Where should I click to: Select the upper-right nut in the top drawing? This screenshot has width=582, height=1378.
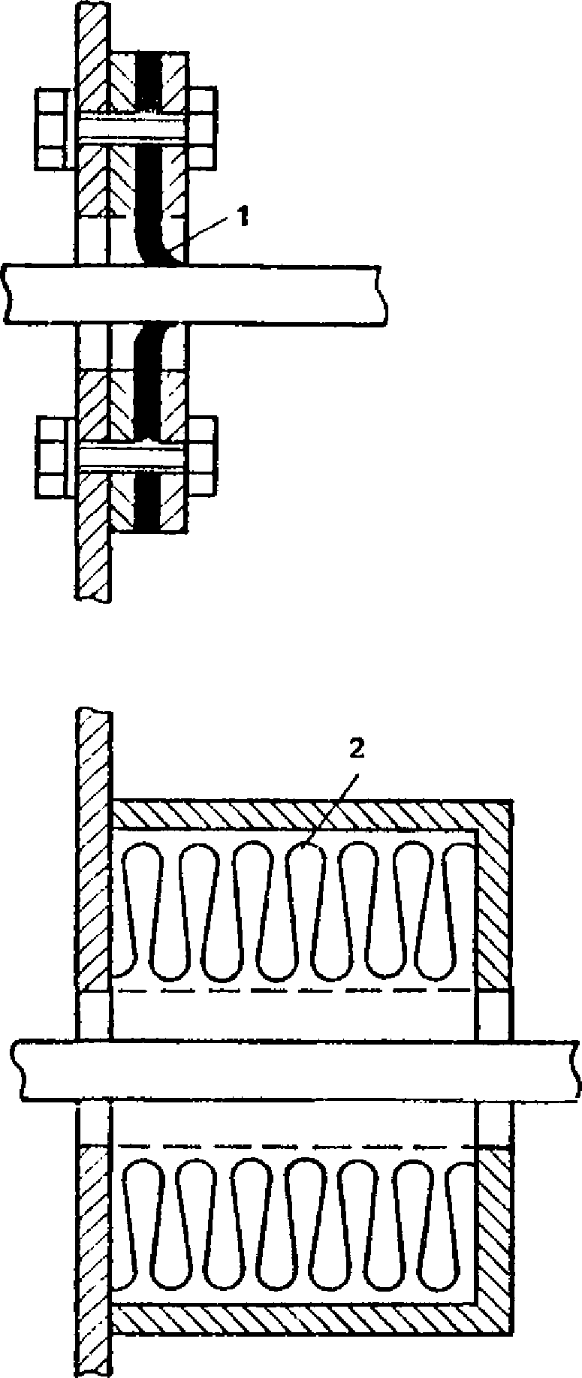pyautogui.click(x=202, y=128)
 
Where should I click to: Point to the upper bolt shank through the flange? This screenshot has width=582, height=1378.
pyautogui.click(x=131, y=128)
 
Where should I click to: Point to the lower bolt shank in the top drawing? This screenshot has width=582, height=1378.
pyautogui.click(x=131, y=455)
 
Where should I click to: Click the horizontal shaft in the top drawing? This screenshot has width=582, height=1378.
pyautogui.click(x=195, y=294)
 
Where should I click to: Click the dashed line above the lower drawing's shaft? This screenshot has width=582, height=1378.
pyautogui.click(x=293, y=991)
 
